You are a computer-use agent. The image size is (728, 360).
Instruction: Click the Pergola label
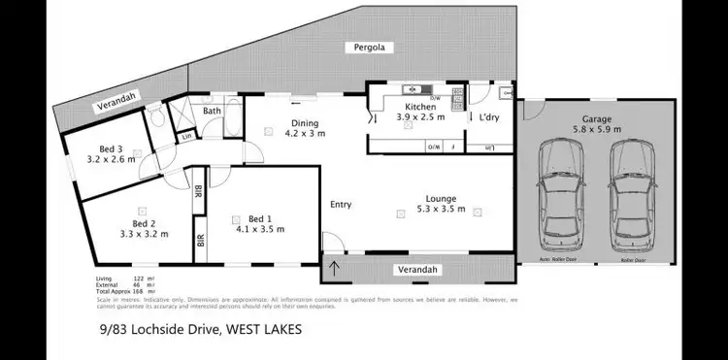click(363, 47)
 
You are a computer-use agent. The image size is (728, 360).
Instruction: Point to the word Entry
click(341, 204)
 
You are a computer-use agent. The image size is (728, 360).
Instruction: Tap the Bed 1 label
click(259, 223)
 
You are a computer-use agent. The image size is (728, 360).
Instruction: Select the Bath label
click(212, 112)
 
